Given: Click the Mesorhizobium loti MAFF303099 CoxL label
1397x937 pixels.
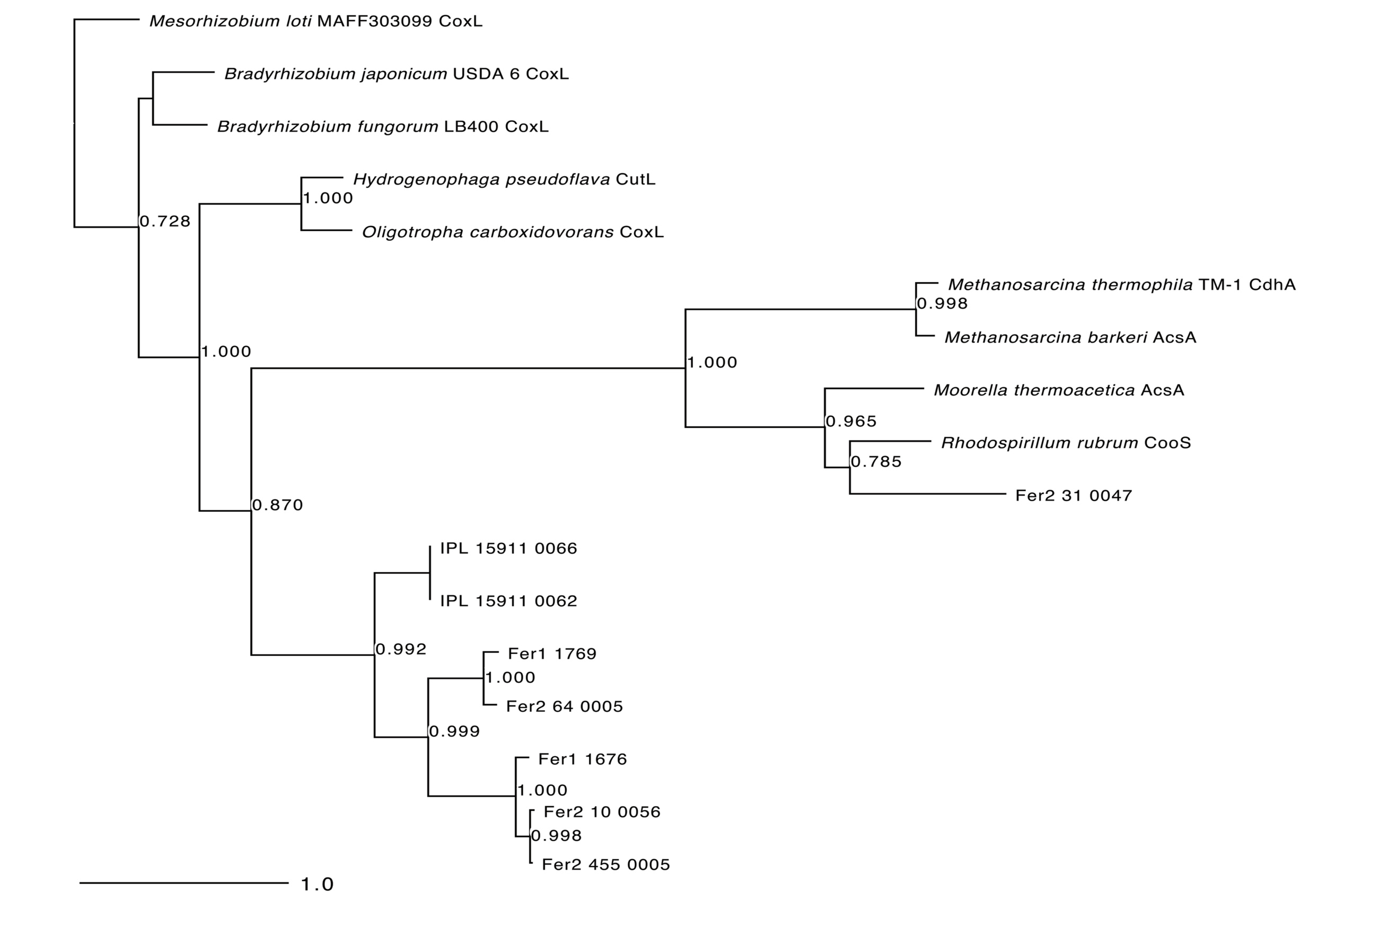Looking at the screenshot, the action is tap(315, 22).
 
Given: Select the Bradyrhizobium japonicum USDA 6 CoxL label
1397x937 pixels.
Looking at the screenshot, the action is tap(396, 74).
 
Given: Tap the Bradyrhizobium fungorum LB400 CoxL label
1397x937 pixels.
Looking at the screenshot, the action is tap(382, 127).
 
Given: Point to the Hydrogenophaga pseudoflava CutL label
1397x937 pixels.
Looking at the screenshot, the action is tap(504, 179).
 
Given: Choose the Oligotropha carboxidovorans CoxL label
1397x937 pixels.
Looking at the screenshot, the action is tap(513, 232).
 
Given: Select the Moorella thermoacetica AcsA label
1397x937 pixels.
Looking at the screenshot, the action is tap(1059, 390).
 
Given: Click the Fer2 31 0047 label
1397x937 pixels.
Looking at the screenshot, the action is tap(1074, 495).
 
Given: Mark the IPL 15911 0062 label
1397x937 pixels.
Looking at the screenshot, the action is tap(508, 601).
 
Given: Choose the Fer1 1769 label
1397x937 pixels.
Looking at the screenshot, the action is tap(552, 653).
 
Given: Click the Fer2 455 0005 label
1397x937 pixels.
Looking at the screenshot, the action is tap(606, 864).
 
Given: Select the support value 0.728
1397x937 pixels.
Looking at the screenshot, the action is tap(165, 221).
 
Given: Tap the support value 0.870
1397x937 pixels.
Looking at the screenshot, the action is tap(278, 505).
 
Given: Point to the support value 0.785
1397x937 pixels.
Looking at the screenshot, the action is tap(876, 461).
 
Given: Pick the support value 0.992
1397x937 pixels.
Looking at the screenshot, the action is tap(401, 649).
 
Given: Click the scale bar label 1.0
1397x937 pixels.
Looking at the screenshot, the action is tap(317, 885).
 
